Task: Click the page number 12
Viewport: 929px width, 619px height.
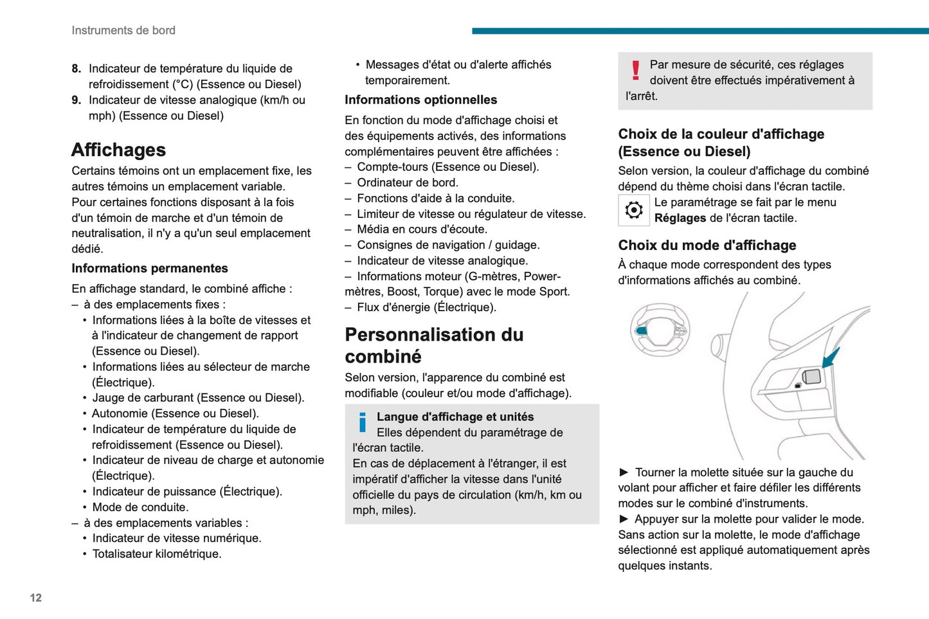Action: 36,598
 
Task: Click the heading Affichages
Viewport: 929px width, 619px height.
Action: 118,150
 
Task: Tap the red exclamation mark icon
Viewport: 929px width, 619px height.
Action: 636,70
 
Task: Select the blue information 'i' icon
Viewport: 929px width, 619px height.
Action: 363,422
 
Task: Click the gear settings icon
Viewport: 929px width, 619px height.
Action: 634,210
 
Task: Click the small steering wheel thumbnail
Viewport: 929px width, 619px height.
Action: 660,330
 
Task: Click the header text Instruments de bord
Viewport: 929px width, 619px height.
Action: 123,30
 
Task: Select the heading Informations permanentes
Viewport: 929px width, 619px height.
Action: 150,269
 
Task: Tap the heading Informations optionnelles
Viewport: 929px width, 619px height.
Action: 420,100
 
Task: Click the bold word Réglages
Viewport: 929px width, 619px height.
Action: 680,218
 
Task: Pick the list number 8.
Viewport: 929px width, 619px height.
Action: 76,69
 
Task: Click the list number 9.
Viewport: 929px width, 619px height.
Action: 76,100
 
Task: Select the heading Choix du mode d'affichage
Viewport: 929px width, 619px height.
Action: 707,246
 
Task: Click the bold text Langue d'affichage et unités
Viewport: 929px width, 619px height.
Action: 455,417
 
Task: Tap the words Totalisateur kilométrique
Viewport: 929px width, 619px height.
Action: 157,554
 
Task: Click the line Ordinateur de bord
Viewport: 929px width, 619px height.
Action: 408,183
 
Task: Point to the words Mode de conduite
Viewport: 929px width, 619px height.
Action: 140,507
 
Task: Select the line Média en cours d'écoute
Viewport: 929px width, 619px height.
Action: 422,229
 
